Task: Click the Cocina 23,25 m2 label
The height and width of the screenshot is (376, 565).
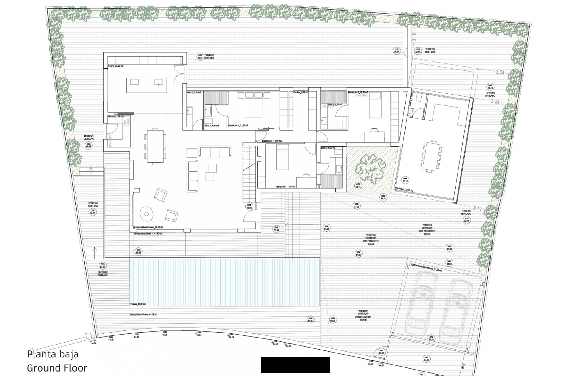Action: click(x=115, y=66)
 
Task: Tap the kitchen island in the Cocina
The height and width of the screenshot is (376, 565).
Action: click(x=146, y=85)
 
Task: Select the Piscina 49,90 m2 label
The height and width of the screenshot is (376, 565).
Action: click(x=138, y=304)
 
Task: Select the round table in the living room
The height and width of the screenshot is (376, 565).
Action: click(x=147, y=214)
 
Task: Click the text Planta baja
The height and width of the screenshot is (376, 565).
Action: click(x=53, y=354)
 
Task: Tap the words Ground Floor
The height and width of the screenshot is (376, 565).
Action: click(x=57, y=368)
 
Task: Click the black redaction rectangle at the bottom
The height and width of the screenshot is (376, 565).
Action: click(x=295, y=365)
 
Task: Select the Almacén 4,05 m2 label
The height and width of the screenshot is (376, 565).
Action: click(x=116, y=117)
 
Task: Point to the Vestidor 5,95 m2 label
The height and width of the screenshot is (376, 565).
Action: click(x=300, y=93)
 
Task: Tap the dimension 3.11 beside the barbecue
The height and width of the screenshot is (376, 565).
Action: click(x=477, y=208)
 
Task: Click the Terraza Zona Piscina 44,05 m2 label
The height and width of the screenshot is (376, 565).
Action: click(x=143, y=315)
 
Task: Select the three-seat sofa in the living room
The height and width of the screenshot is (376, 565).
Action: click(x=215, y=152)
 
